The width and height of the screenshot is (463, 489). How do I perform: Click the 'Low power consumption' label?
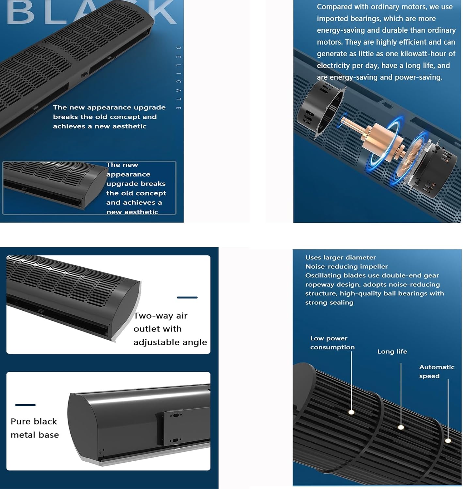[x=332, y=343]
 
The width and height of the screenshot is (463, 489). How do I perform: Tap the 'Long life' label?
[x=392, y=351]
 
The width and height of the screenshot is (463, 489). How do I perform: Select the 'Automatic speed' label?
[x=437, y=372]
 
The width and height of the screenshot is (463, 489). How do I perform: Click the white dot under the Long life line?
[x=401, y=427]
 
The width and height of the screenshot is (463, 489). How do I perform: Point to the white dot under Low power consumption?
[x=351, y=412]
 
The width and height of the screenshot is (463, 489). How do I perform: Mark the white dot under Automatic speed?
[x=448, y=441]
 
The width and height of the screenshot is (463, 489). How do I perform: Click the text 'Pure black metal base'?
[x=35, y=428]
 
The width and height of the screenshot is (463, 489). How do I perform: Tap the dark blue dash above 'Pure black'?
[x=25, y=405]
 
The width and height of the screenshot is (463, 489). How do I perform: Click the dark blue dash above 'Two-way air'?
[x=187, y=297]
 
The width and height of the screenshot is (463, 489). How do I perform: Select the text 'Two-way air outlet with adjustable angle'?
[x=170, y=329]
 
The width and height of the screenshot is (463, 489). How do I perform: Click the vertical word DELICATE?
[x=178, y=78]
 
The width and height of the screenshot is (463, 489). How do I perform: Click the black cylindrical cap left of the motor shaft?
[x=320, y=107]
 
